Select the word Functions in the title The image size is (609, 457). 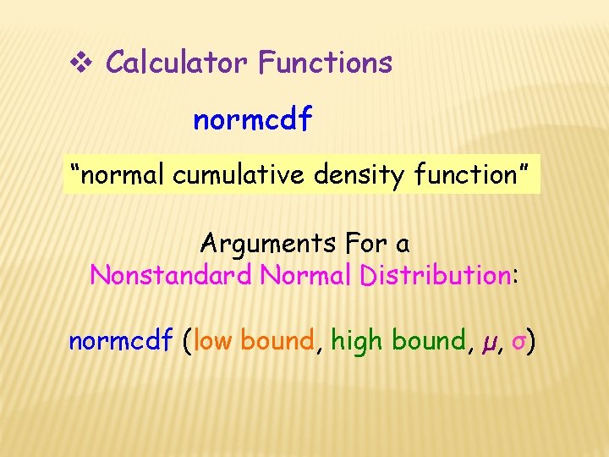pyautogui.click(x=326, y=62)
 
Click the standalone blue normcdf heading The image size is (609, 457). pyautogui.click(x=252, y=120)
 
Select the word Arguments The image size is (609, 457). pyautogui.click(x=268, y=245)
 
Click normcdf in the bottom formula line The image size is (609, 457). pyautogui.click(x=121, y=341)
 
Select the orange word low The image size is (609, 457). pyautogui.click(x=213, y=341)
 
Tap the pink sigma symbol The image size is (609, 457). pyautogui.click(x=518, y=343)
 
